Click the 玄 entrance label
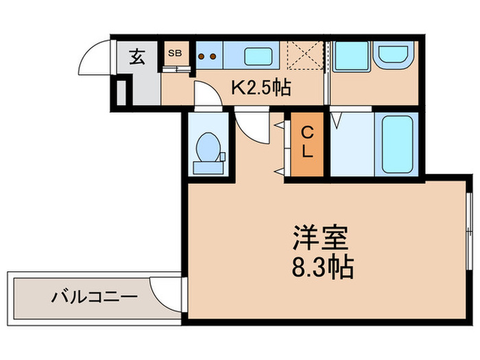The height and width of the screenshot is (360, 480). (x=137, y=57)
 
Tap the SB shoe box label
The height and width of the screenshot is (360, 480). (x=174, y=52)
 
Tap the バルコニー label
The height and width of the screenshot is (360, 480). (x=94, y=298)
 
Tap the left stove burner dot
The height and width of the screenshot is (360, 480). (x=202, y=56)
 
